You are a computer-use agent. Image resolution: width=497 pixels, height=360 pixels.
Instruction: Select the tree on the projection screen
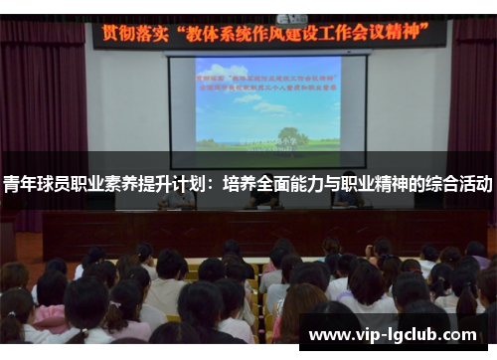point(291,136)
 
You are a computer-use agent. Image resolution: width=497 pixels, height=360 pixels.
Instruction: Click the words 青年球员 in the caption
point(35,185)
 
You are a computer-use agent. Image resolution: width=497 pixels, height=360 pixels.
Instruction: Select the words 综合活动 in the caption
point(461,185)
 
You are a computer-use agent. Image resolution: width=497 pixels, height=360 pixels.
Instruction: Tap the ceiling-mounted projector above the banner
point(292,17)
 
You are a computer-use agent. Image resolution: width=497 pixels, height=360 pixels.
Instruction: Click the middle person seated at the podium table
point(262,199)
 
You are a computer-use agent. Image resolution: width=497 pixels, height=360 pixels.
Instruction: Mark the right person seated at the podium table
point(348,199)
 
